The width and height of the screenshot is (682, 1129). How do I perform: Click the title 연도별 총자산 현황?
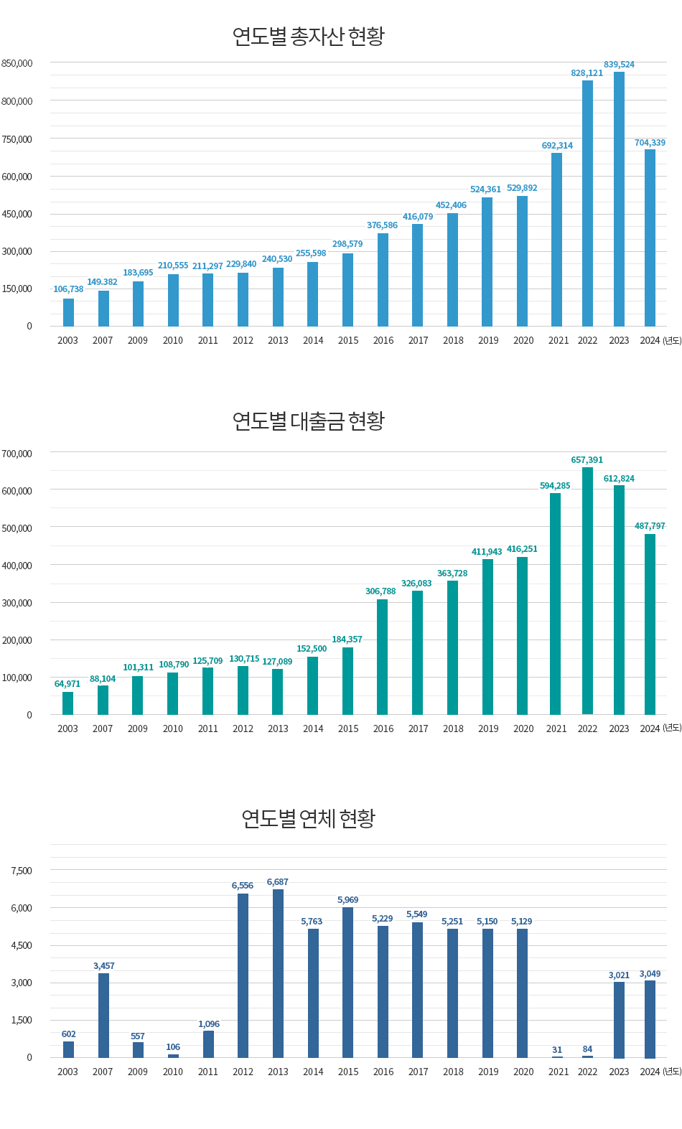click(309, 36)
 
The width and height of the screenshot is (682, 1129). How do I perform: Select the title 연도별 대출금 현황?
click(309, 421)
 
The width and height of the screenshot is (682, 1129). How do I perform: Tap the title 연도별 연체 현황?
click(309, 818)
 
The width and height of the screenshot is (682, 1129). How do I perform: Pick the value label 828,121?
click(587, 73)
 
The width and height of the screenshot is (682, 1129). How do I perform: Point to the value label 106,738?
click(68, 289)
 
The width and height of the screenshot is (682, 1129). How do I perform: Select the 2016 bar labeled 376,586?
click(383, 280)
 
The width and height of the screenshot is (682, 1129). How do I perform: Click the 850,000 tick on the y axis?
click(17, 63)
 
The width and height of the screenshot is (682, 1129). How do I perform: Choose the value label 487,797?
click(650, 526)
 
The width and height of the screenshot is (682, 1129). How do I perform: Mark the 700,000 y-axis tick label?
click(17, 454)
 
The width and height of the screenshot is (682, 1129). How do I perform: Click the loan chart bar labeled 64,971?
click(68, 703)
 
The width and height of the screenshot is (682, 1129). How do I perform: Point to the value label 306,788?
click(380, 591)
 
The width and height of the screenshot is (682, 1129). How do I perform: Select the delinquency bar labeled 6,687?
click(278, 973)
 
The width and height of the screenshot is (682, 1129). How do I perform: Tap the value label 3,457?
click(103, 966)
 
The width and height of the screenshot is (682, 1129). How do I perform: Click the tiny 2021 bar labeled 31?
click(557, 1057)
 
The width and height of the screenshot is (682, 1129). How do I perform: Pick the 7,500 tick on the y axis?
click(22, 871)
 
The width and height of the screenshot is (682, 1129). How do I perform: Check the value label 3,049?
click(650, 974)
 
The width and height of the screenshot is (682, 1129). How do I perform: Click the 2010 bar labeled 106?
click(173, 1056)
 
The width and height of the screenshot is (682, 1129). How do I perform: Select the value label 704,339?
click(650, 143)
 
